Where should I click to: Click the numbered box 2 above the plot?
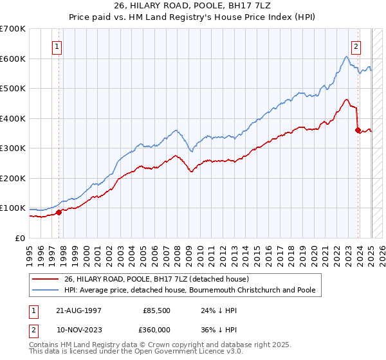356,46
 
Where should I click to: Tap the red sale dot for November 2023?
358,130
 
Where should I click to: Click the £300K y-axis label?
13,148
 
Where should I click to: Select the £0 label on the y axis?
19,238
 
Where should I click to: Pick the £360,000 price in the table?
157,330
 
